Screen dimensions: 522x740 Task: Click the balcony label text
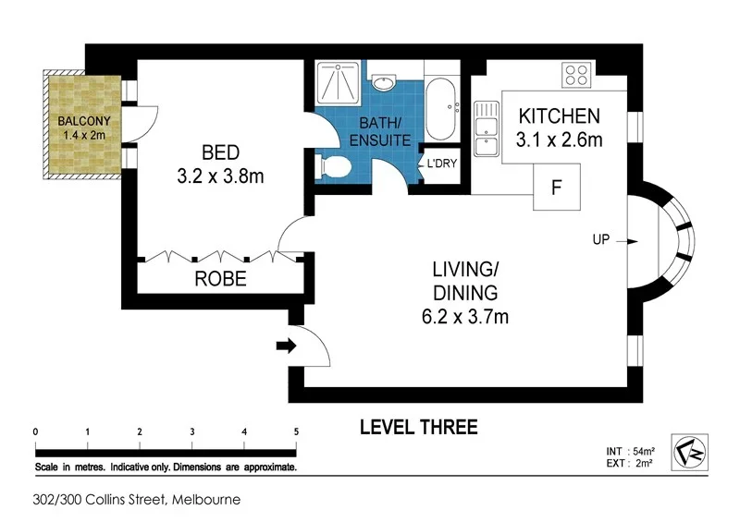point(80,127)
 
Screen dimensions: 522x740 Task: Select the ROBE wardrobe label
point(220,278)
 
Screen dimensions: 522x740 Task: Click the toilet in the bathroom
point(331,167)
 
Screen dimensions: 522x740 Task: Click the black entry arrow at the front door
point(287,347)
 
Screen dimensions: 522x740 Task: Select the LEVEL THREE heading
point(418,427)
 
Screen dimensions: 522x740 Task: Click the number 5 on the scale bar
point(296,431)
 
